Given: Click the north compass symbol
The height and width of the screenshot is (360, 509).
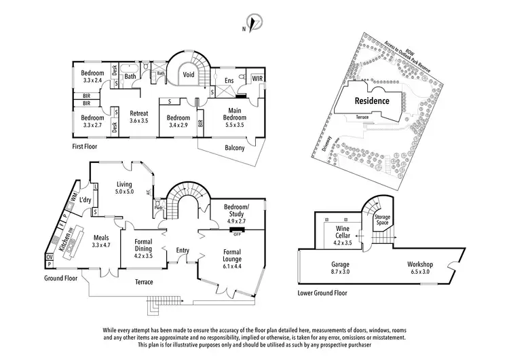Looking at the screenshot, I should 254,24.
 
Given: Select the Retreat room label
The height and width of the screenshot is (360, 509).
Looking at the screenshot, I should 139,113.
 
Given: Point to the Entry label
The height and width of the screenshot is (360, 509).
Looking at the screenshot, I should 182,251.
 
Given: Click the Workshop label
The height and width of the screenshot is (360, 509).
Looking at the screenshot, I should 420,264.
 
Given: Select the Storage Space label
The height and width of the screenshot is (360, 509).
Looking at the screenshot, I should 383,219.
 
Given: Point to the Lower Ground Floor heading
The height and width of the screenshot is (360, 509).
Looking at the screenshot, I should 322,293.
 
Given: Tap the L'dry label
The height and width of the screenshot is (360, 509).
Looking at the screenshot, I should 86,200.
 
